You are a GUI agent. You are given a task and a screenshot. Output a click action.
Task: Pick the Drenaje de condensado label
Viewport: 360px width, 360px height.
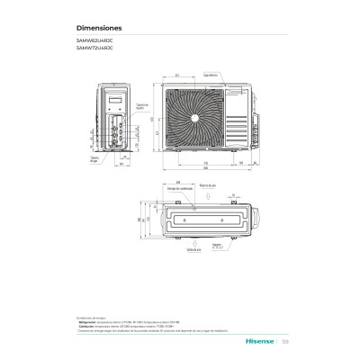[180, 187]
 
